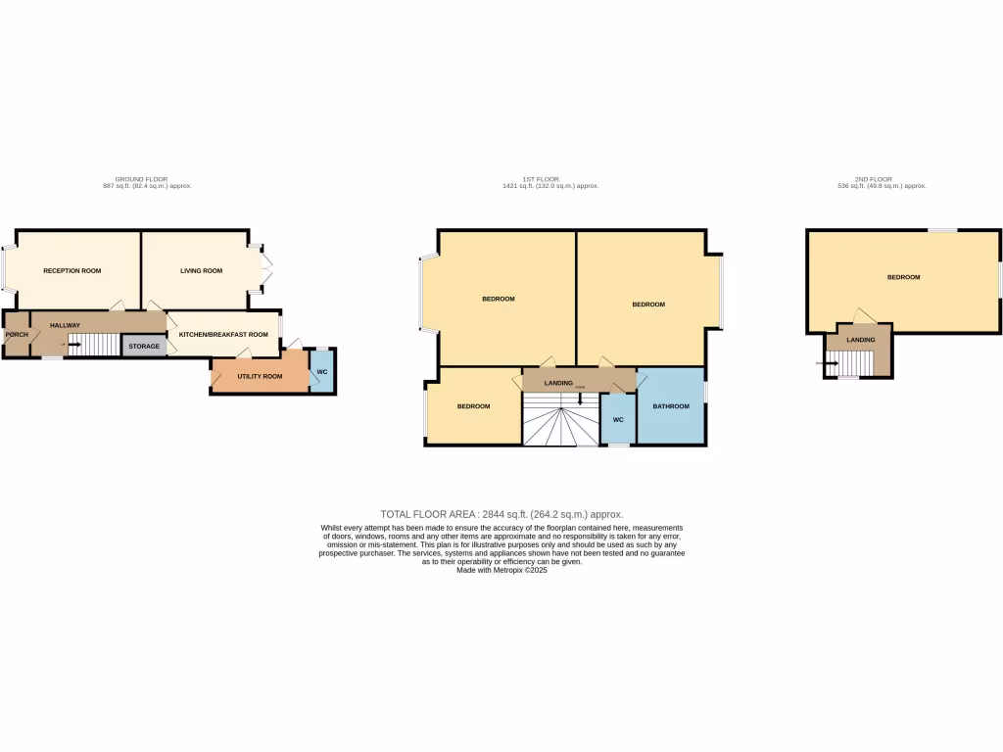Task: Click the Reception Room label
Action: pos(72,271)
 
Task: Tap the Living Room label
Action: pos(201,271)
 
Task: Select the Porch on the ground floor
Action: pos(17,335)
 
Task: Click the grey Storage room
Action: pos(143,346)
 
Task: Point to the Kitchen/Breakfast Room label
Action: pos(222,335)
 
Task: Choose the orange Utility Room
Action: pos(260,376)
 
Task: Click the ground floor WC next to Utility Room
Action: pos(322,372)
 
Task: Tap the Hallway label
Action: pos(65,325)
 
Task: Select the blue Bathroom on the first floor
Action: pos(671,406)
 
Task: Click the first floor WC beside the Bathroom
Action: pos(618,419)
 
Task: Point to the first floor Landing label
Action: pos(558,383)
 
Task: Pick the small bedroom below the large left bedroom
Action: pos(473,406)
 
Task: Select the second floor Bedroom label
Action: pos(903,277)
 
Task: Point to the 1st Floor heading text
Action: pos(541,179)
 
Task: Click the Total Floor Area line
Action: pos(501,514)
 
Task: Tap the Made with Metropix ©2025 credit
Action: pos(501,570)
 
